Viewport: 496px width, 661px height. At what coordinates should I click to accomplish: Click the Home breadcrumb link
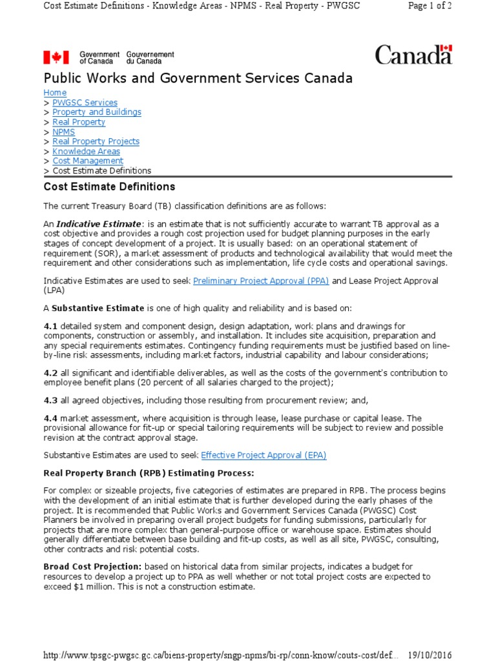point(55,93)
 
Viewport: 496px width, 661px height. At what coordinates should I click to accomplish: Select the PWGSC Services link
point(85,103)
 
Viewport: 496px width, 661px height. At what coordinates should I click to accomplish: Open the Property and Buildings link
point(97,112)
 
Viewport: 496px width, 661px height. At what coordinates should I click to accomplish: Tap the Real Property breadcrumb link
point(79,122)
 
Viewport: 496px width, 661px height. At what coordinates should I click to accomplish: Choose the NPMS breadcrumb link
point(64,132)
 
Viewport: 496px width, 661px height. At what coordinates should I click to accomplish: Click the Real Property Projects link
point(96,141)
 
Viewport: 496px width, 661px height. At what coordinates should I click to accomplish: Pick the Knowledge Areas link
point(86,151)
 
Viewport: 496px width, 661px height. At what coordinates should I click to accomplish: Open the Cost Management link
point(88,161)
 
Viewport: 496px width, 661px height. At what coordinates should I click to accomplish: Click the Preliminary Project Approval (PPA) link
point(261,281)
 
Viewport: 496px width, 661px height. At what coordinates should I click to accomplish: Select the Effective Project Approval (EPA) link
point(263,455)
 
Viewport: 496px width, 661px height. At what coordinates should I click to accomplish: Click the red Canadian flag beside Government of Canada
point(56,57)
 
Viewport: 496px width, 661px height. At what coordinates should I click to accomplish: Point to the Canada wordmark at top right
point(413,55)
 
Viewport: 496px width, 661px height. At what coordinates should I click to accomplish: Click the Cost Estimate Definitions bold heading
point(109,187)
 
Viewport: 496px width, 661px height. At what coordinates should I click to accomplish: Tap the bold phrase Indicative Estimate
point(97,223)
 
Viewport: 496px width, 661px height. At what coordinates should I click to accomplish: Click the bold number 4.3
point(50,400)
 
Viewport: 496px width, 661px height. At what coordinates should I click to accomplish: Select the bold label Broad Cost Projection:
point(92,566)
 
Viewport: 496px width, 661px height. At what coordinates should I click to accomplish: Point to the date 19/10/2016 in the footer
point(429,655)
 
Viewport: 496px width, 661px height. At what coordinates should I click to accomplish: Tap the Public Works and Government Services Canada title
point(198,79)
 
